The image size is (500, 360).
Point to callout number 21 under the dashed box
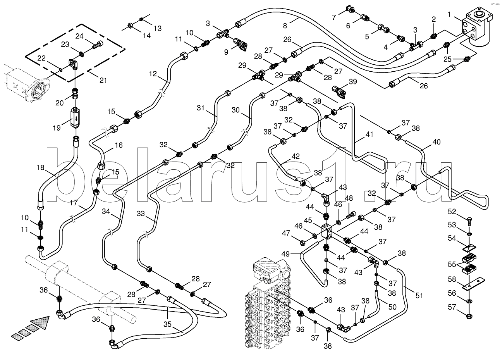(x=103, y=80)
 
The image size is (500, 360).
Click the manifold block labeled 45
(x=328, y=231)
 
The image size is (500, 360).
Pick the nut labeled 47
(x=303, y=243)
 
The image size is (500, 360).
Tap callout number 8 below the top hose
(x=285, y=26)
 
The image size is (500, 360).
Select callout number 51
(x=419, y=295)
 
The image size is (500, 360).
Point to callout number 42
(x=295, y=157)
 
